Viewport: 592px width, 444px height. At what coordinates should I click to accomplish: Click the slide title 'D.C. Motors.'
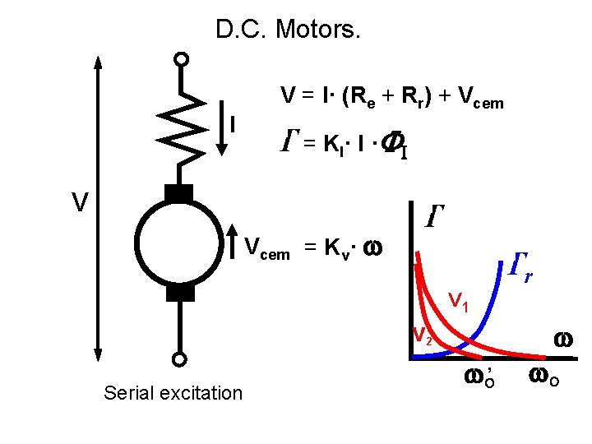tap(288, 31)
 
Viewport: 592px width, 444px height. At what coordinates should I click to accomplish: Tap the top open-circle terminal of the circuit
tap(181, 59)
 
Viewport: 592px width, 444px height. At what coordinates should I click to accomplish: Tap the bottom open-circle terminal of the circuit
tap(179, 359)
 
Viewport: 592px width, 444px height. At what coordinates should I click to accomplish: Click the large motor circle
tap(179, 243)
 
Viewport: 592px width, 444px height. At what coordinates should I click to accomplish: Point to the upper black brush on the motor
tap(179, 194)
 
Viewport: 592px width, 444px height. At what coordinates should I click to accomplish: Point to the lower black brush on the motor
tap(179, 292)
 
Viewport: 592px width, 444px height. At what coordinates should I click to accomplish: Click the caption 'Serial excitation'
tap(173, 393)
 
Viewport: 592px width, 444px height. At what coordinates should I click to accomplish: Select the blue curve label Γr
tap(520, 265)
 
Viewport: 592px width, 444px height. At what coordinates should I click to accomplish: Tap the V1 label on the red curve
tap(458, 303)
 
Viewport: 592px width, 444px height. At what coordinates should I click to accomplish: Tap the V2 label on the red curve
tap(423, 336)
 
